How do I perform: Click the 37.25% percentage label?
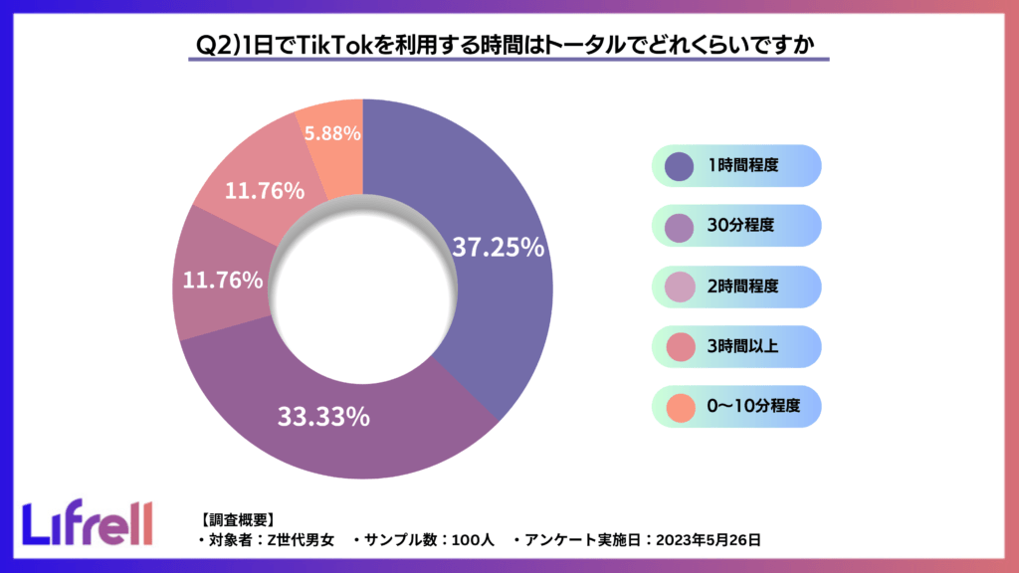[498, 248]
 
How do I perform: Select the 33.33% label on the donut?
[322, 417]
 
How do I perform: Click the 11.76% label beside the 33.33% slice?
[223, 281]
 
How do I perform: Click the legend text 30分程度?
[738, 226]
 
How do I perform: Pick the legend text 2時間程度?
[742, 286]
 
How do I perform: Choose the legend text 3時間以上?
[742, 346]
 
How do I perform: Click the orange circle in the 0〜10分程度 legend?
[680, 406]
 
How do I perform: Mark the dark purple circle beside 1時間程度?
[680, 166]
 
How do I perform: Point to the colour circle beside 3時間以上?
[680, 346]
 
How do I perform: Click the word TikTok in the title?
[338, 46]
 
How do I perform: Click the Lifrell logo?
[88, 523]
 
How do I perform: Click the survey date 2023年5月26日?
[710, 541]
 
